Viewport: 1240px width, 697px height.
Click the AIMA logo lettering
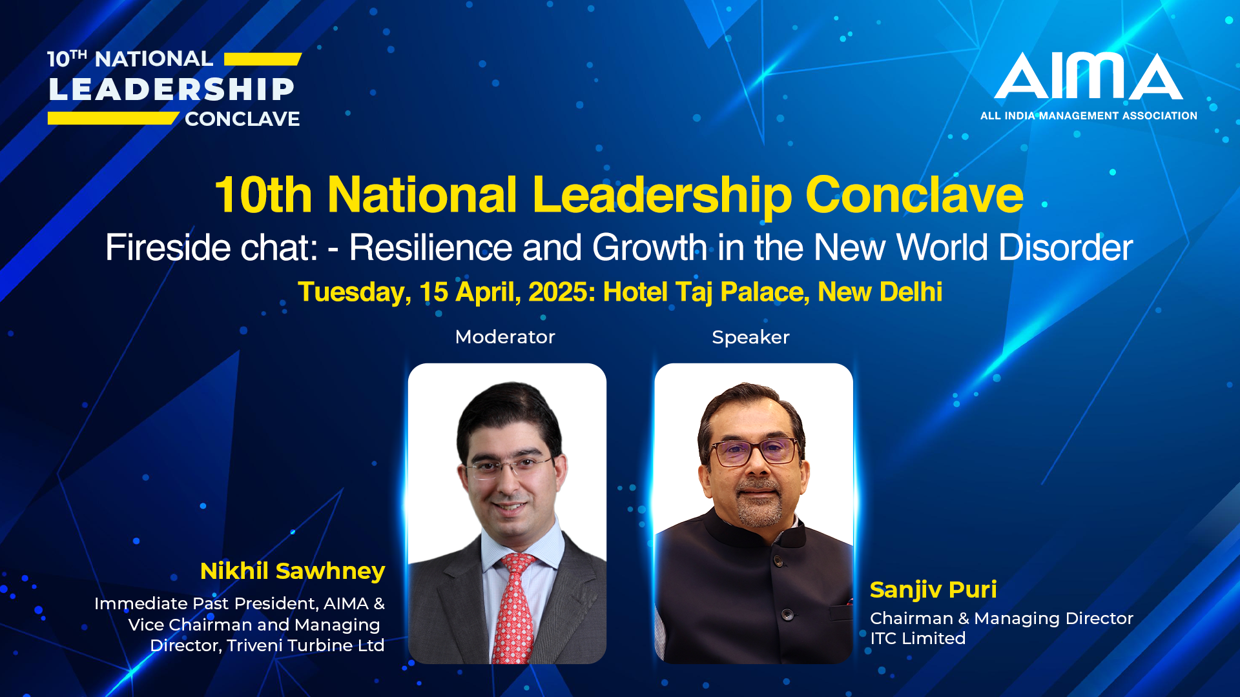pyautogui.click(x=1089, y=76)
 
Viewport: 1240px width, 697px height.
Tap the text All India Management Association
pyautogui.click(x=1089, y=116)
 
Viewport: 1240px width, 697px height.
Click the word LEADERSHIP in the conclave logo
pyautogui.click(x=172, y=89)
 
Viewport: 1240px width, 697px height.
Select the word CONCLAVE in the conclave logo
pyautogui.click(x=242, y=119)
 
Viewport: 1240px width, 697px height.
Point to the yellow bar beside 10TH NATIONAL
pyautogui.click(x=263, y=59)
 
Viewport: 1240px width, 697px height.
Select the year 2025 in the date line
pyautogui.click(x=559, y=292)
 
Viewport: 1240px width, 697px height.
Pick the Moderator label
pyautogui.click(x=505, y=337)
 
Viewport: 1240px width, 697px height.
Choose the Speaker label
pyautogui.click(x=750, y=338)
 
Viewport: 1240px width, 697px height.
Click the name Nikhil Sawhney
pyautogui.click(x=293, y=571)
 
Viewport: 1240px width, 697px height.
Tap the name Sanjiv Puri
pyautogui.click(x=933, y=590)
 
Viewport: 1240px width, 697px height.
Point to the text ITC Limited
pyautogui.click(x=918, y=638)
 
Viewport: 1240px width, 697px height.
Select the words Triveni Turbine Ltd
pyautogui.click(x=305, y=645)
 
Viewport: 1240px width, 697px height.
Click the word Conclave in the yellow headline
pyautogui.click(x=914, y=194)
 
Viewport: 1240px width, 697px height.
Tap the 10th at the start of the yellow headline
pyautogui.click(x=263, y=195)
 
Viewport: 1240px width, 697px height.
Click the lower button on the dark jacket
pyautogui.click(x=787, y=614)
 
